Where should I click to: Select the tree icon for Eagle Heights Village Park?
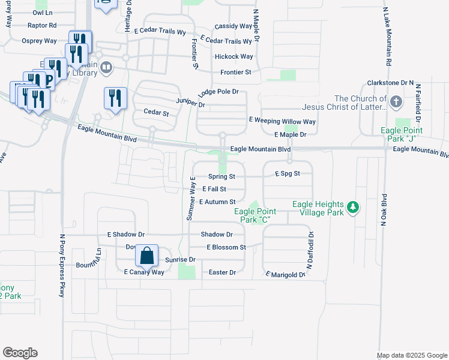354,208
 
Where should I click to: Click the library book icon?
106,67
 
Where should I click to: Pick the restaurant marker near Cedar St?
115,98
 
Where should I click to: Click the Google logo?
20,353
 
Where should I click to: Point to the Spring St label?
221,176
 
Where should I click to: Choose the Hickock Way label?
234,57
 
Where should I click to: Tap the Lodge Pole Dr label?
218,92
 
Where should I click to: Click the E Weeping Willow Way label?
282,121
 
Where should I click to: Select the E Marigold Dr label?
286,275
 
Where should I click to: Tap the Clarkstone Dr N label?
391,82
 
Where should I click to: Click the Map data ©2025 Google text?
412,355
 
